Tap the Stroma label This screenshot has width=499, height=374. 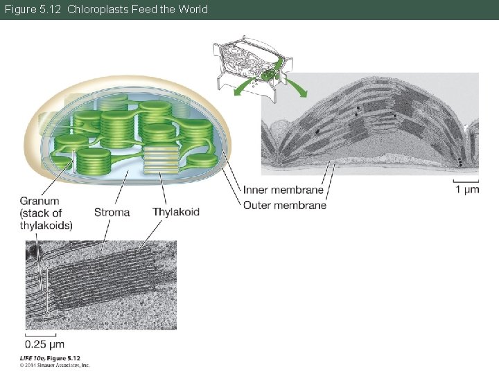point(112,212)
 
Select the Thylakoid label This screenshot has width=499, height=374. point(176,212)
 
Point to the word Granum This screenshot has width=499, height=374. point(39,201)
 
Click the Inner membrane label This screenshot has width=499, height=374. point(283,190)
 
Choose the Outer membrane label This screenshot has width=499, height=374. point(284,205)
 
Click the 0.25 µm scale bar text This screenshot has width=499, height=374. point(44,344)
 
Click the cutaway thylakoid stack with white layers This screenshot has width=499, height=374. point(161,161)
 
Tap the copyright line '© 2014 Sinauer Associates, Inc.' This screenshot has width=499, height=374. point(55,364)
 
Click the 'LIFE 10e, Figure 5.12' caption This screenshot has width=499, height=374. point(51,357)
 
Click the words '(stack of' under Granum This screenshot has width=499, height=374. point(41,213)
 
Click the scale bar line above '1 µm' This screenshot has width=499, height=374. point(466,181)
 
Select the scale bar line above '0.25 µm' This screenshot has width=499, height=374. point(40,335)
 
